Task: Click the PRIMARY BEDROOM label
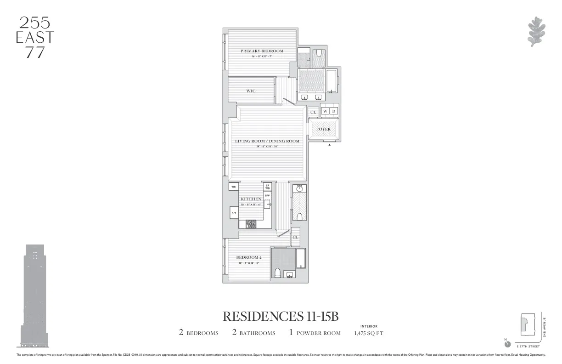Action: pos(262,51)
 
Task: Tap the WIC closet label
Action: pos(251,91)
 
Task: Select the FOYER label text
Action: pos(323,129)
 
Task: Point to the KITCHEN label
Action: pos(251,199)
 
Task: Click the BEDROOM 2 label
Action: pos(249,257)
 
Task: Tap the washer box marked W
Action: pos(325,111)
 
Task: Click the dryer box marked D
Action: pos(334,111)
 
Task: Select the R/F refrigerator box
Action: pos(234,213)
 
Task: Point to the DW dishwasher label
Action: pos(267,195)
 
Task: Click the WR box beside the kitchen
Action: pos(233,187)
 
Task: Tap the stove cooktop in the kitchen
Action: pos(251,224)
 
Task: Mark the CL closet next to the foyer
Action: pos(313,112)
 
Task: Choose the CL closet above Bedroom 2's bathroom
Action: pos(296,237)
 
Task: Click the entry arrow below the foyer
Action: pos(330,145)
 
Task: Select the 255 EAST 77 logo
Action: pos(35,37)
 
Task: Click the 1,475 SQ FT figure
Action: pos(369,333)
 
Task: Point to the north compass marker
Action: pos(507,344)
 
